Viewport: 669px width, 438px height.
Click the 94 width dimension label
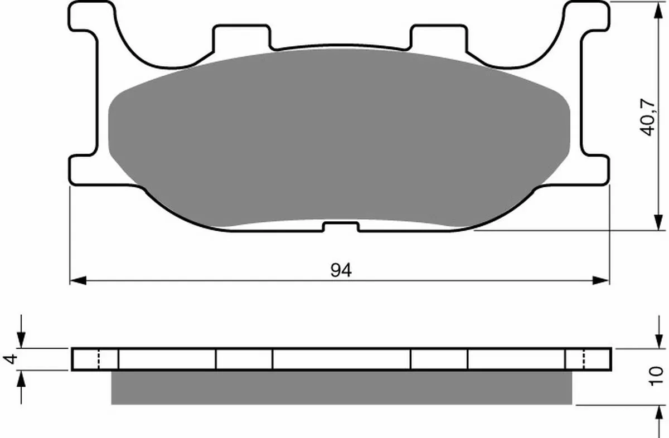tap(341, 270)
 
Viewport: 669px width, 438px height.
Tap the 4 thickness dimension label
tap(10, 359)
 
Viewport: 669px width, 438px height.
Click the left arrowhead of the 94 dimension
tap(78, 281)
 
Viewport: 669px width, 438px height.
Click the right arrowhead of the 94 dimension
tap(600, 281)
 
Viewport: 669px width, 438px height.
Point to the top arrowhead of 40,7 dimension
tap(658, 11)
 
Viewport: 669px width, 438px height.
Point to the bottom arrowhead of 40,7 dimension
tap(658, 222)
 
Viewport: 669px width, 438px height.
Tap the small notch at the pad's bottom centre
tap(341, 227)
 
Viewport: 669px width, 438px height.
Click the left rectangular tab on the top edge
tap(242, 37)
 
